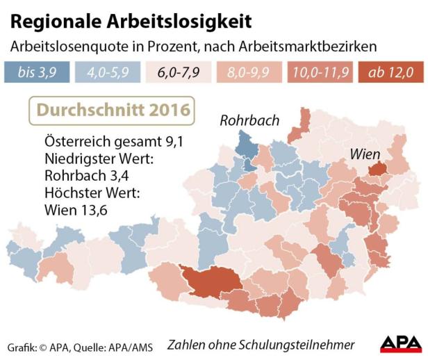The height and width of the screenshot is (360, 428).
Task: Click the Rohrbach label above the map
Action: tap(249, 120)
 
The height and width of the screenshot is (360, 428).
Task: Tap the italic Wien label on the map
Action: tap(365, 154)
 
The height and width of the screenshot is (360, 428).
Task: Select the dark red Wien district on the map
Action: tap(378, 168)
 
